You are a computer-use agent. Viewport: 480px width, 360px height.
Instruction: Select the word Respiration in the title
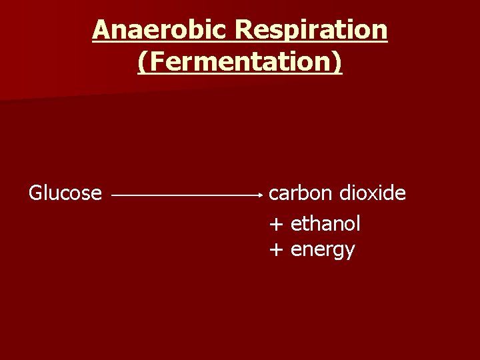click(311, 29)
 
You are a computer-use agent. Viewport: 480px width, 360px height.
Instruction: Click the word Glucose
click(65, 193)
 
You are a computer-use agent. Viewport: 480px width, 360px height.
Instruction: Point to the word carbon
click(300, 193)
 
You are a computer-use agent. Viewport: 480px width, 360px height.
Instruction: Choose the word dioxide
click(372, 193)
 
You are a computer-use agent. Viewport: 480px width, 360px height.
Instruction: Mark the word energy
click(323, 251)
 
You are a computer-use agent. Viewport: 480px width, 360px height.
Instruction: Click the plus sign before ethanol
click(275, 225)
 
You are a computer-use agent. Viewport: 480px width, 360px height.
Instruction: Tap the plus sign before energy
click(275, 250)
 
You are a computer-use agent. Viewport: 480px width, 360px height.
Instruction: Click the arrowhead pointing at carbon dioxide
click(263, 195)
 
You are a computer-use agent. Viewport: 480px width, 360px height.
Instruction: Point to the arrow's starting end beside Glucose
click(113, 195)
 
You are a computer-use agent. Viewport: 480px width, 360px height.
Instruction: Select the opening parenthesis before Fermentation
click(142, 63)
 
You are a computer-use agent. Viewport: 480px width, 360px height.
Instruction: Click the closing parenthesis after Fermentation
click(338, 63)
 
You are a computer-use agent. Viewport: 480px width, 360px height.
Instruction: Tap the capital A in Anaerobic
click(100, 29)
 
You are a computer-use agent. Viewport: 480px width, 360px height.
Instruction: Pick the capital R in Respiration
click(244, 29)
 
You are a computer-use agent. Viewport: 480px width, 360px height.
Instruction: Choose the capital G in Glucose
click(35, 193)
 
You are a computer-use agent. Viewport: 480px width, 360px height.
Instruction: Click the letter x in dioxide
click(378, 194)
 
